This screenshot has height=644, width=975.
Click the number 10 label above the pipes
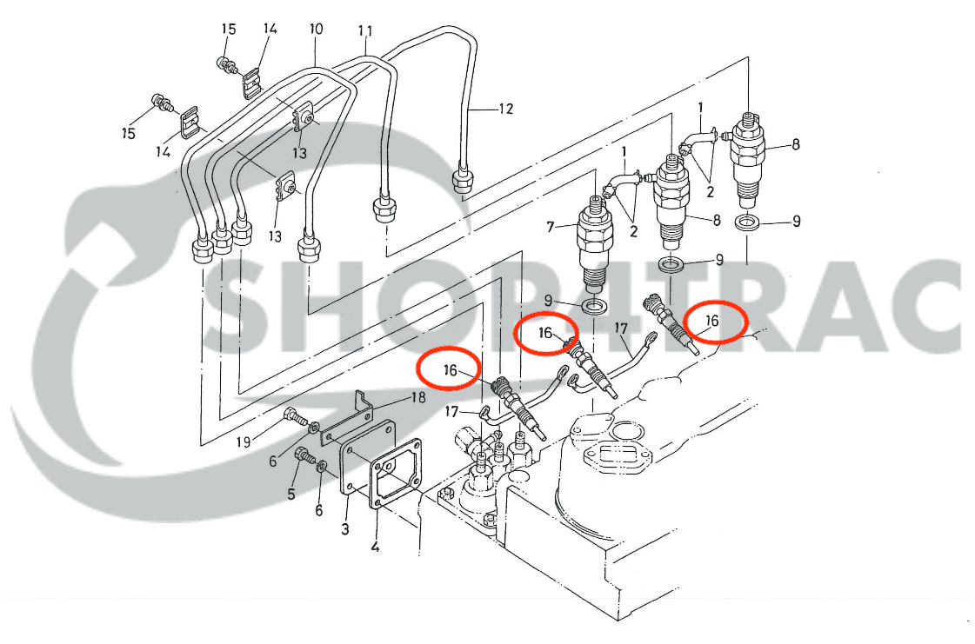coord(316,30)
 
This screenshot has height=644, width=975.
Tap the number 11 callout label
coord(365,31)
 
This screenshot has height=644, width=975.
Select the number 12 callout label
coord(505,110)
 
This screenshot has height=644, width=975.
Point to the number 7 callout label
coord(551,228)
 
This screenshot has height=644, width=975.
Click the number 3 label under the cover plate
coord(345,528)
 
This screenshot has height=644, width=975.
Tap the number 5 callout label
coord(291,494)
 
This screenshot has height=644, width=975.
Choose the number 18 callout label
coord(418,398)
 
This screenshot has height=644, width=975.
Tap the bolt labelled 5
coord(305,455)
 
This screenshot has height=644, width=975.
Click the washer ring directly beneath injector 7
coord(596,307)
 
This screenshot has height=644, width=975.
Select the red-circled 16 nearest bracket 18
coord(450,369)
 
